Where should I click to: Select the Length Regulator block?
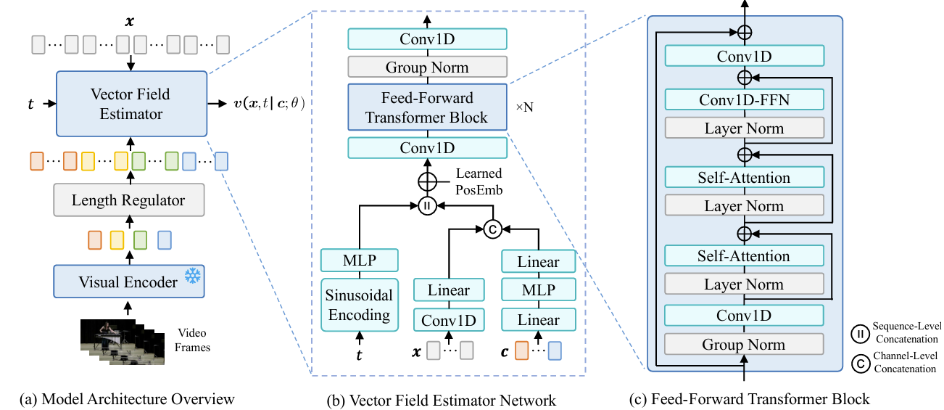click(128, 200)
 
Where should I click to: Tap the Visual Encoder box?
click(128, 282)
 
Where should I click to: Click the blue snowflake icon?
click(192, 276)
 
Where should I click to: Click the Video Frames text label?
click(191, 340)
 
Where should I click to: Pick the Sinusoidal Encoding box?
click(360, 305)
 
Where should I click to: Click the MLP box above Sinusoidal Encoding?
click(360, 260)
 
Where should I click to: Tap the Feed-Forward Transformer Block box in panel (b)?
click(427, 107)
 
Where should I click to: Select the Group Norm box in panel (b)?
click(427, 67)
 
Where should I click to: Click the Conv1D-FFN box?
click(744, 99)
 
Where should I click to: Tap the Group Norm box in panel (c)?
click(744, 344)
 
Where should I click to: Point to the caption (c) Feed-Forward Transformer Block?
click(750, 398)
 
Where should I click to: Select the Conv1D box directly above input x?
click(449, 319)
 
